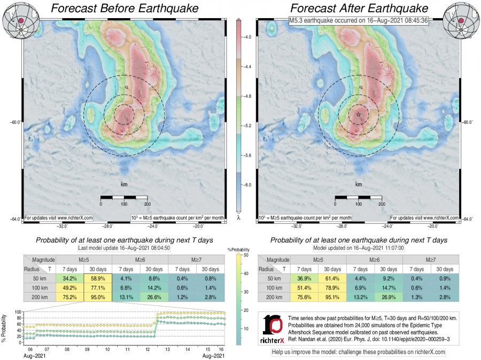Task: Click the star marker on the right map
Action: (x=358, y=114)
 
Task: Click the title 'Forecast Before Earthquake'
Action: (x=124, y=9)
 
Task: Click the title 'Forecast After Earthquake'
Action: (x=359, y=9)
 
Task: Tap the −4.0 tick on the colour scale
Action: (x=249, y=38)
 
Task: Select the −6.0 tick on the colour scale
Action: (x=249, y=185)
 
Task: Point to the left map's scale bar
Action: (x=124, y=198)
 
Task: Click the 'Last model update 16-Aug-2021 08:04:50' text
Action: (x=124, y=249)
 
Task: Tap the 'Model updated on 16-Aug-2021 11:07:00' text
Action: (x=359, y=249)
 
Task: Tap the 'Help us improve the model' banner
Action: (x=359, y=352)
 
